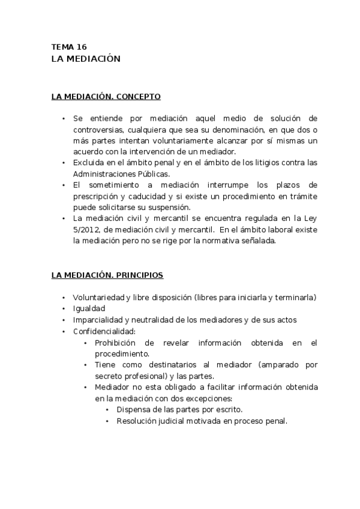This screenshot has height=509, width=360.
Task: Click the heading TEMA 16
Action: coord(70,47)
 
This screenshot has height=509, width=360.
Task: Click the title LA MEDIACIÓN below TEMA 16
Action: coord(86,59)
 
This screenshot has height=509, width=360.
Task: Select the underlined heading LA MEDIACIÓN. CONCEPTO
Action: coord(106,96)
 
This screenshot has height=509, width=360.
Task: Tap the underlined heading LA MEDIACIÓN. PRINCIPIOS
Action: coord(107,276)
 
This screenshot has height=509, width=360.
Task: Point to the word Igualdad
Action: coord(89,309)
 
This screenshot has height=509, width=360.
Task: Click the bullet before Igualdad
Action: coord(64,309)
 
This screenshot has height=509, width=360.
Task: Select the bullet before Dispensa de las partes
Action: coord(107,409)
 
